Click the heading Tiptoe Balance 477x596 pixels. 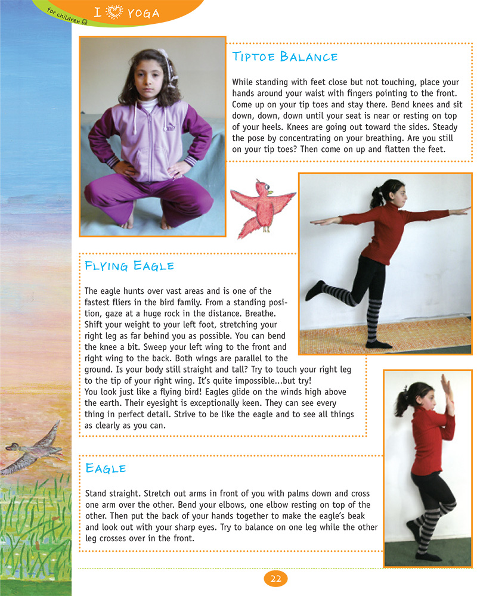pyautogui.click(x=284, y=57)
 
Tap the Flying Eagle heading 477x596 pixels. pyautogui.click(x=129, y=265)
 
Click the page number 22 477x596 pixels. pyautogui.click(x=275, y=578)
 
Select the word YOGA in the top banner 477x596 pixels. pyautogui.click(x=143, y=13)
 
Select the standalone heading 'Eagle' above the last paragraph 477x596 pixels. pyautogui.click(x=106, y=468)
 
